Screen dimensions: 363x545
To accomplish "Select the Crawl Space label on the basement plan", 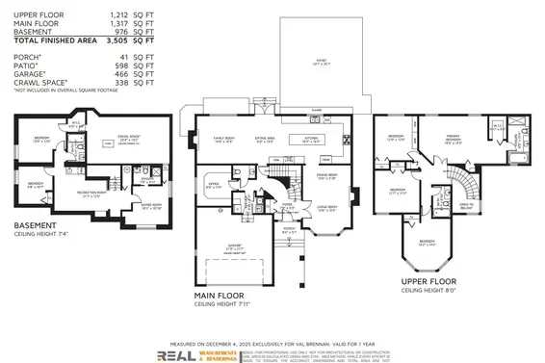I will [129, 139].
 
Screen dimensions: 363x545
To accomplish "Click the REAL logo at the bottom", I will [176, 353].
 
